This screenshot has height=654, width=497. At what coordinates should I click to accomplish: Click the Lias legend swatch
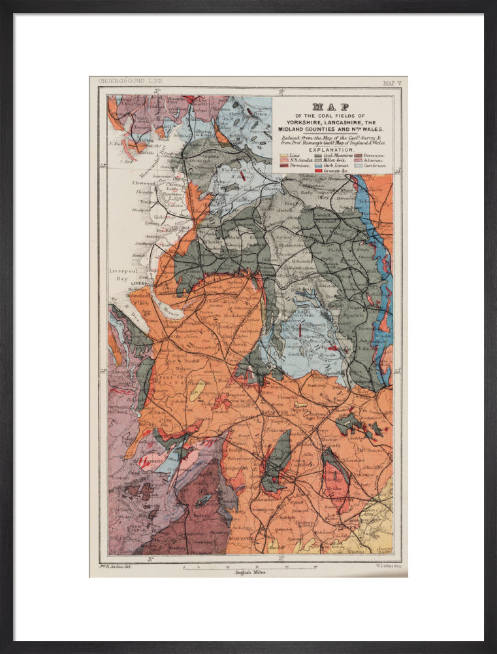coord(284,156)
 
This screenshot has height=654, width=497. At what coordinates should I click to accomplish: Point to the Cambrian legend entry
coord(374,166)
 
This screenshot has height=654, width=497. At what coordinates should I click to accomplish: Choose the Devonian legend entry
coord(374,156)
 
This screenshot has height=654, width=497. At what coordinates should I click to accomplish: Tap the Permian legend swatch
coord(284,166)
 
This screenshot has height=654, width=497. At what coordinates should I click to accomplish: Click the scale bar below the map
coord(249,566)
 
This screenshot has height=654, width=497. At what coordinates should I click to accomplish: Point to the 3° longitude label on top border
coord(157,91)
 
